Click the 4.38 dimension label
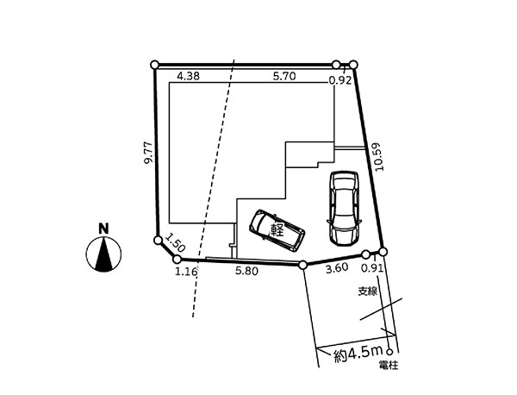(x=188, y=76)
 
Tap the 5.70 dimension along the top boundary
(x=284, y=76)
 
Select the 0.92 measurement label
(x=340, y=81)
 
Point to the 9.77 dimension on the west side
(x=149, y=153)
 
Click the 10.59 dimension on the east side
(x=379, y=156)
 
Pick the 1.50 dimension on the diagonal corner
(x=176, y=242)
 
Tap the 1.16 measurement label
(x=186, y=272)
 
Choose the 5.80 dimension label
(x=246, y=272)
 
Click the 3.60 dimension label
(x=337, y=268)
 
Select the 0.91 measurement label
(x=372, y=268)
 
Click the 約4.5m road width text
(x=358, y=354)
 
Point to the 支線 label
(x=368, y=292)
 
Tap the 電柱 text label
(x=389, y=366)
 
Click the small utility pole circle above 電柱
(x=389, y=351)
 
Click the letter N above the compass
(x=104, y=229)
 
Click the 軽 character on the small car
(x=277, y=230)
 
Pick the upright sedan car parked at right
(x=344, y=208)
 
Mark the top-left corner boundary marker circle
(x=154, y=65)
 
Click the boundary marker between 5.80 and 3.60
(x=303, y=265)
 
